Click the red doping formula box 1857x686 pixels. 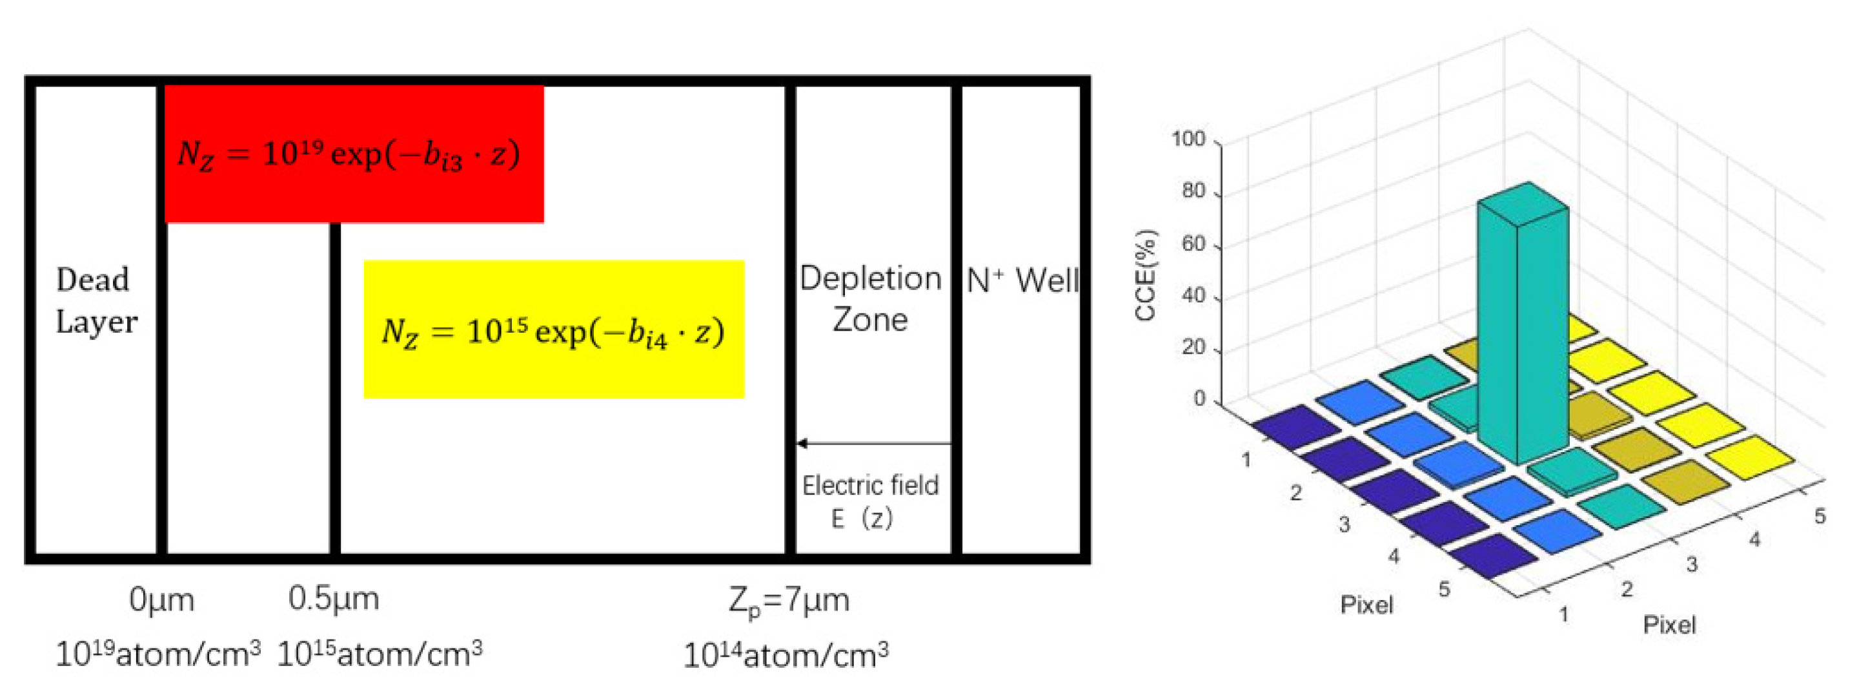click(x=353, y=154)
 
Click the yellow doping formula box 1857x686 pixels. click(x=554, y=329)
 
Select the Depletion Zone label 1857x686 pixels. click(x=870, y=298)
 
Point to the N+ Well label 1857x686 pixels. click(x=1022, y=280)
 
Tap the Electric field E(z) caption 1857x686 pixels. click(x=869, y=501)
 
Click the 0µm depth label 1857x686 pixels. click(x=161, y=599)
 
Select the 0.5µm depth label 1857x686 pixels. click(x=334, y=599)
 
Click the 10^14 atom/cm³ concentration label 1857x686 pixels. click(x=786, y=655)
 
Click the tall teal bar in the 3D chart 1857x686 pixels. click(x=1523, y=325)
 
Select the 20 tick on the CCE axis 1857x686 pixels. click(x=1193, y=347)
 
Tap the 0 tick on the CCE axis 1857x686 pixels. click(x=1199, y=399)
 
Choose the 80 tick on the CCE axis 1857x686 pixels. click(x=1193, y=191)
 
